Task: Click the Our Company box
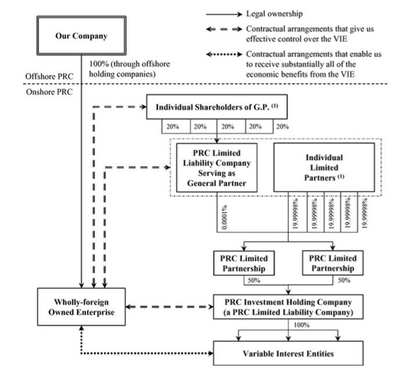(x=81, y=35)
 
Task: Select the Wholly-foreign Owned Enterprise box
(x=81, y=307)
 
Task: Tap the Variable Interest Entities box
(x=288, y=353)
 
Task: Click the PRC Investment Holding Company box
(x=288, y=307)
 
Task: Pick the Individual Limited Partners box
(x=324, y=168)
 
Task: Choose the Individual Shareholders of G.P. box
(x=217, y=107)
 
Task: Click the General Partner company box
(x=217, y=168)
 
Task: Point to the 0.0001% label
(x=224, y=217)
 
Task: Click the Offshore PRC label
(x=49, y=76)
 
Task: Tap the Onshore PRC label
(x=49, y=92)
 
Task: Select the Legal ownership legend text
(x=274, y=14)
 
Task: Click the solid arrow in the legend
(x=224, y=15)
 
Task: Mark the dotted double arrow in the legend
(x=224, y=55)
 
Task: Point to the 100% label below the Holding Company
(x=302, y=325)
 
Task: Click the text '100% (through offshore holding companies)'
(x=130, y=69)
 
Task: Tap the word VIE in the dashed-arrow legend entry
(x=340, y=39)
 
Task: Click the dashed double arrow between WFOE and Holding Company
(x=170, y=307)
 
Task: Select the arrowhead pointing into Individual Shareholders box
(x=144, y=107)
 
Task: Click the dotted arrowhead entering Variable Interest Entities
(x=211, y=353)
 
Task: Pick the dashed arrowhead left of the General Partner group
(x=167, y=168)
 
